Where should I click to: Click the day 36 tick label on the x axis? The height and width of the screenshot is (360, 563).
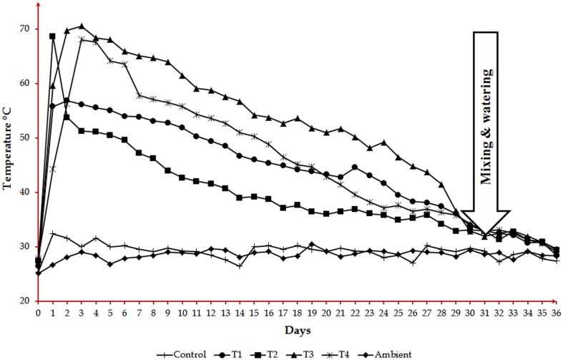(556, 313)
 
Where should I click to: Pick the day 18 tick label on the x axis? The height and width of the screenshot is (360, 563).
(297, 313)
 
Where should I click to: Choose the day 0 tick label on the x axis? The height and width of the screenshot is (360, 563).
(38, 313)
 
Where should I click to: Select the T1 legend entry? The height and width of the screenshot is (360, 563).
(235, 354)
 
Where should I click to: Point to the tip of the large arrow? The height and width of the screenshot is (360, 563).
(485, 238)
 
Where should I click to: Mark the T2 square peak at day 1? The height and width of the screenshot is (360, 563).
(52, 36)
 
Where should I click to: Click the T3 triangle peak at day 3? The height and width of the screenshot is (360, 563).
(81, 26)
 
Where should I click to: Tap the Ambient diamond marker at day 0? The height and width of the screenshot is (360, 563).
(38, 273)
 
